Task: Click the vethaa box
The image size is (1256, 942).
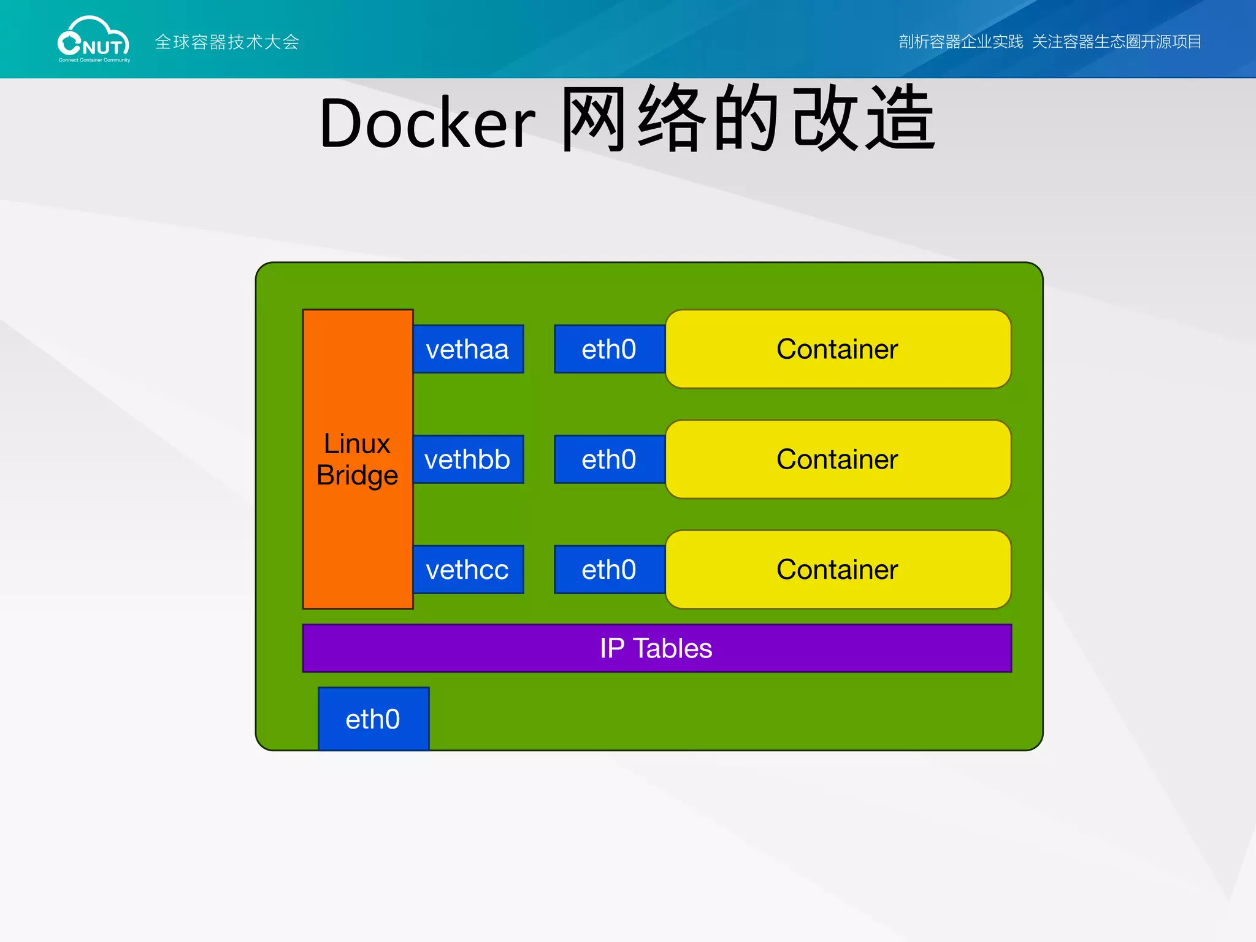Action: point(468,349)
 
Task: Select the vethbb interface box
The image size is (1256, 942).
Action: point(468,459)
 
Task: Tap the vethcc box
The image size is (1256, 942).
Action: point(468,570)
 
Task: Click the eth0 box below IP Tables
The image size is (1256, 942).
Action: point(373,719)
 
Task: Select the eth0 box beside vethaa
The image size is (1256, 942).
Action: point(609,349)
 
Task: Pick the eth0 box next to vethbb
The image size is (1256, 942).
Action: point(609,459)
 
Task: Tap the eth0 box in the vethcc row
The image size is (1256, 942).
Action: point(609,570)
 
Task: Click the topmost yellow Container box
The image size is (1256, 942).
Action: point(838,349)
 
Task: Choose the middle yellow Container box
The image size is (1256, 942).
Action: point(838,459)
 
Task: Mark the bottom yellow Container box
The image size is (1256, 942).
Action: point(838,570)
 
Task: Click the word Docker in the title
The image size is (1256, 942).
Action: point(427,123)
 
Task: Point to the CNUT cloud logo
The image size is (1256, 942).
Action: point(94,40)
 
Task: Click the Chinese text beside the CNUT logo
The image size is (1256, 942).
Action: point(227,42)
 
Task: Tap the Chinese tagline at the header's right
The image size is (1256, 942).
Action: point(1049,42)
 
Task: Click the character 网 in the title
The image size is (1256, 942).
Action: point(593,120)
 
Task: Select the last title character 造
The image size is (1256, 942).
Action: point(900,120)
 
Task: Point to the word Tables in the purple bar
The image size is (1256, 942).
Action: point(672,648)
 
